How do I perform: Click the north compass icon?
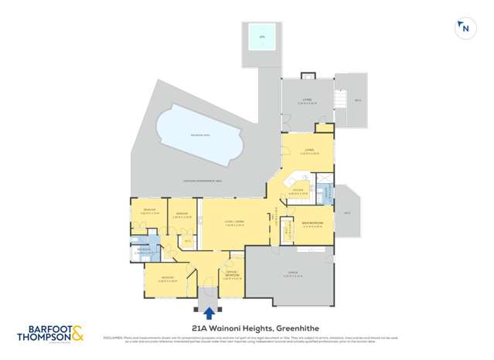click(x=464, y=28)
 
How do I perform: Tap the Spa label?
click(x=261, y=36)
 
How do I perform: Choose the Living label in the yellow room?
click(x=308, y=151)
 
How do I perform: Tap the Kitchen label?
click(x=298, y=192)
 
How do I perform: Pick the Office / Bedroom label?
click(x=231, y=276)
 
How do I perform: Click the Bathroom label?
click(x=145, y=250)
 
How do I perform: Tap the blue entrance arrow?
click(x=209, y=312)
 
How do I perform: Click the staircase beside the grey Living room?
click(x=337, y=100)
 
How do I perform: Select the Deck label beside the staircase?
click(x=357, y=101)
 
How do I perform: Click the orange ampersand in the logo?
click(x=79, y=335)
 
